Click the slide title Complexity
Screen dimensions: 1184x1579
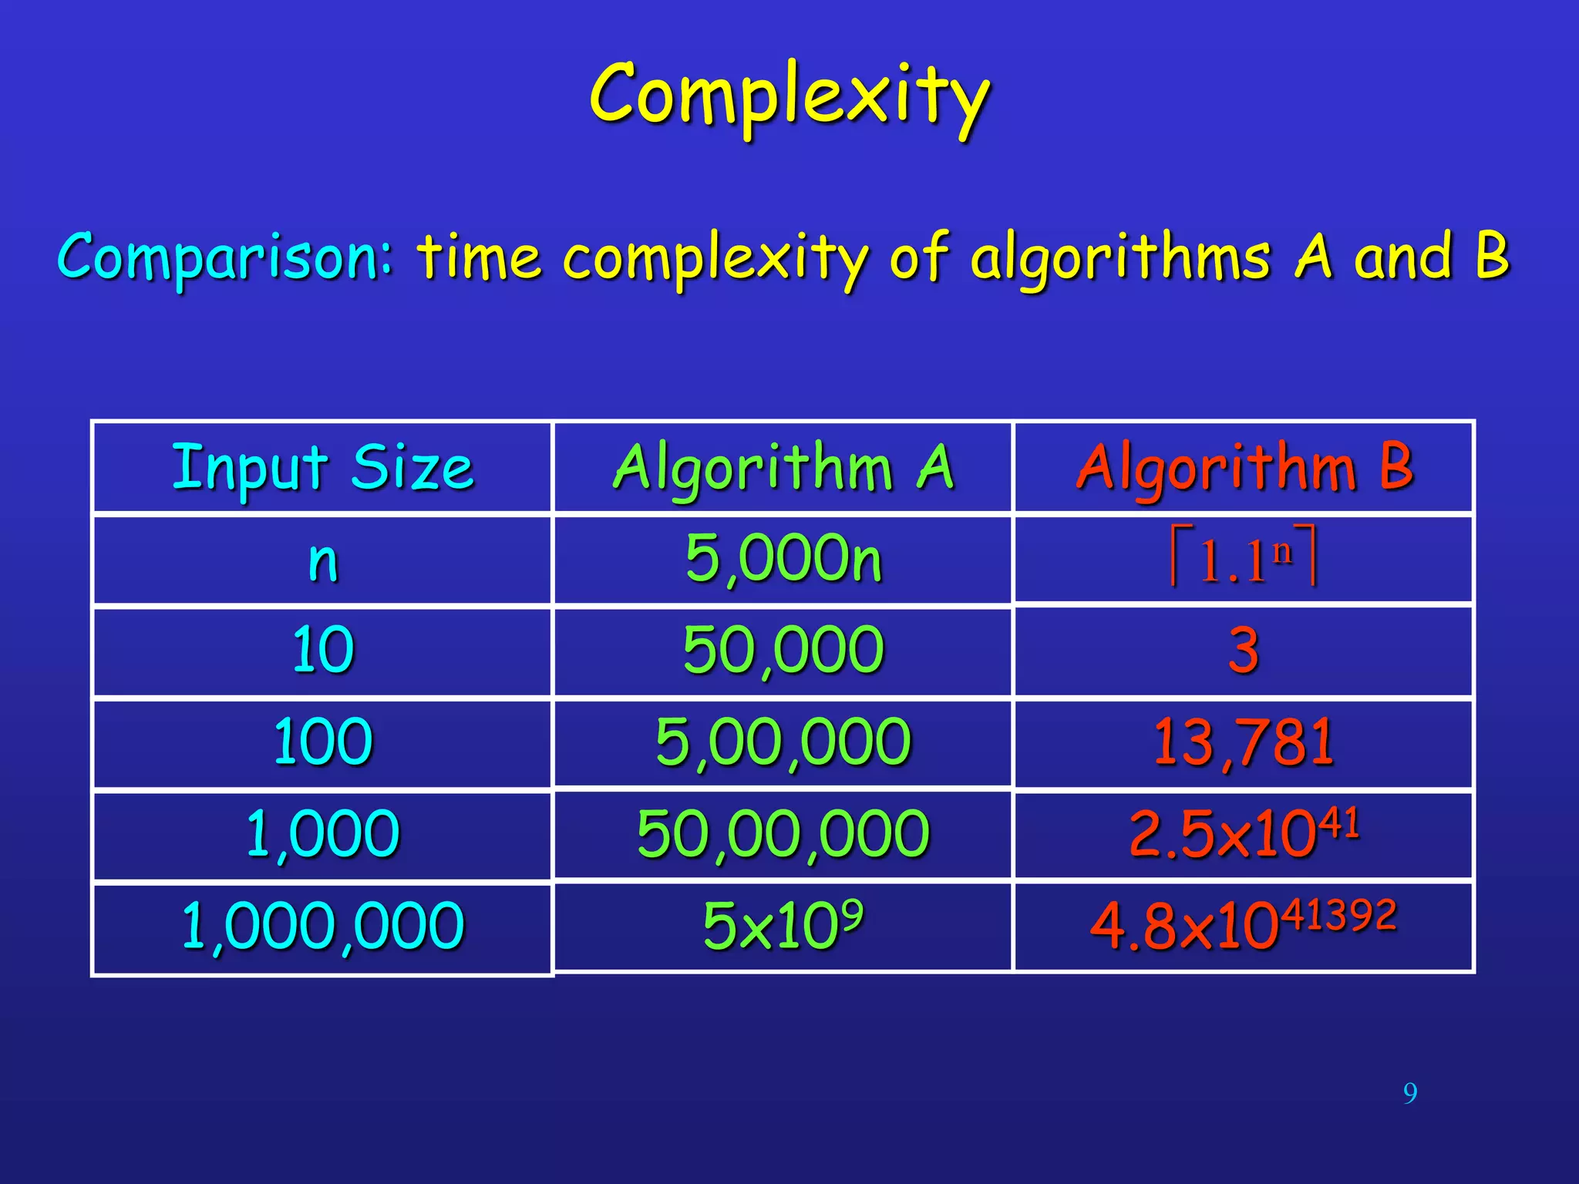789,96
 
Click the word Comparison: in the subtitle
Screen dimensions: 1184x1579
225,256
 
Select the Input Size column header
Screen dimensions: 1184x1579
322,467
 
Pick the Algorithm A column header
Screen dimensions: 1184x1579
783,467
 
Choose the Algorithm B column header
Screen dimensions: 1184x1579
1244,467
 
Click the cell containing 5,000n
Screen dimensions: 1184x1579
783,558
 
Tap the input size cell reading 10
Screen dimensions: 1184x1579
323,650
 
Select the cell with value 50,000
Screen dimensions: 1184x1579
783,650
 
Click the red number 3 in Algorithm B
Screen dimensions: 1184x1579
1244,650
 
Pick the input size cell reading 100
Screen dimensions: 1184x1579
323,742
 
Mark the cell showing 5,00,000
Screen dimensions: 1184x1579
783,742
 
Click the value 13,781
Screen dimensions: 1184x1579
1244,742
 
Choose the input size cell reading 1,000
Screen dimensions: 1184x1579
323,834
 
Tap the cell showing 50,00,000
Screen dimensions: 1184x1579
783,834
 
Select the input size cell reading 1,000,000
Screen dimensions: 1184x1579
323,926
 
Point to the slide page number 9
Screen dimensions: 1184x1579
1410,1093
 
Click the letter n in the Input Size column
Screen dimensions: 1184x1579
323,561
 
